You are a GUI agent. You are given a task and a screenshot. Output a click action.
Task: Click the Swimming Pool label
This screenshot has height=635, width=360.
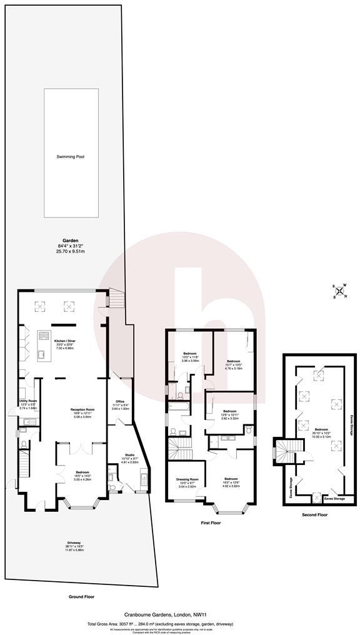(x=71, y=156)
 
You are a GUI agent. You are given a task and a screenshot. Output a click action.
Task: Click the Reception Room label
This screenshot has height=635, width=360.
(x=82, y=413)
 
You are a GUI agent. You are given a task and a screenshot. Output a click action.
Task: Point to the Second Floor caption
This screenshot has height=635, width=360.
(x=314, y=515)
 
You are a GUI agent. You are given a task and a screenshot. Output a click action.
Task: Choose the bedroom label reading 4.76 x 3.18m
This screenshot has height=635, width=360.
(x=234, y=363)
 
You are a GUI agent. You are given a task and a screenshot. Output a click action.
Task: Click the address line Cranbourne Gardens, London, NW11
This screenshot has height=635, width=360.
(x=179, y=615)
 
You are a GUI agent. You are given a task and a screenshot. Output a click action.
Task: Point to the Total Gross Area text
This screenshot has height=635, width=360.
(x=179, y=624)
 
